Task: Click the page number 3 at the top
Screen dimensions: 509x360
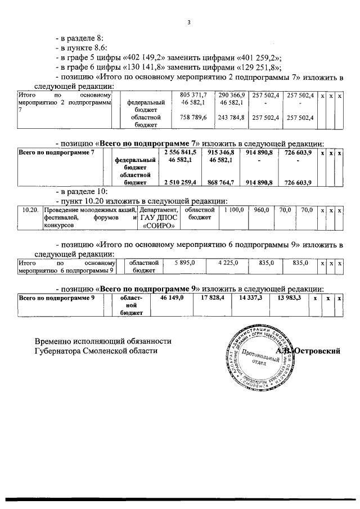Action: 190,22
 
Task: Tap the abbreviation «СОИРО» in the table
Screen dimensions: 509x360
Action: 158,226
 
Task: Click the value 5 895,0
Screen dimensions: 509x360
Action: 184,262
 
